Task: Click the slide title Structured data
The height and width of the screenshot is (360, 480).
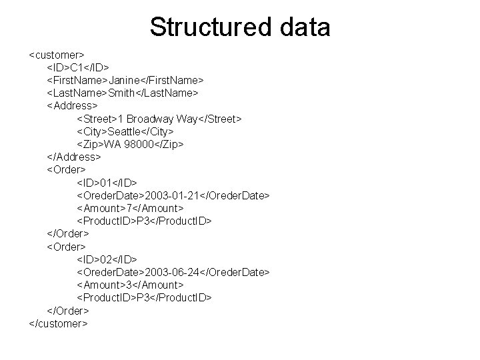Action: (240, 27)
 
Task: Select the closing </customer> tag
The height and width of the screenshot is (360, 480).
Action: (59, 323)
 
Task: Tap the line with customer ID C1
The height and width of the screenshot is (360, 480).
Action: (78, 67)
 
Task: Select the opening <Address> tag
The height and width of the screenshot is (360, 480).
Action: (71, 105)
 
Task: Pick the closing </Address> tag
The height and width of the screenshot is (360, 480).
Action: (73, 157)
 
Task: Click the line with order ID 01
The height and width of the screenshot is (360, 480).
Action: (107, 182)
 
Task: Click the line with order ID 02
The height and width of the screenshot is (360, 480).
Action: (107, 259)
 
